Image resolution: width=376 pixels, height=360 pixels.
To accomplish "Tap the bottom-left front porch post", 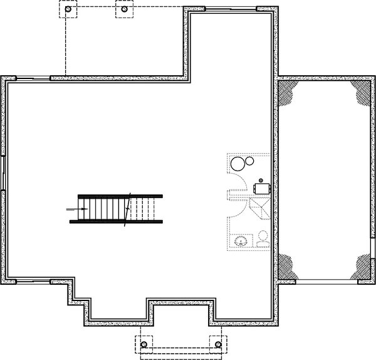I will tap(144, 345).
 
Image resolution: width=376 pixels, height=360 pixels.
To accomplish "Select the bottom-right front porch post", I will tap(217, 345).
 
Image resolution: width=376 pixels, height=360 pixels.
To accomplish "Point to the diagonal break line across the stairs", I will tap(128, 208).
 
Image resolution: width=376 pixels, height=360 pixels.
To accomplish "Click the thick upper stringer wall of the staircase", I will tap(116, 196).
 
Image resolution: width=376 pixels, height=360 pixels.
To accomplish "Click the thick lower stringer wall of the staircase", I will tap(116, 221).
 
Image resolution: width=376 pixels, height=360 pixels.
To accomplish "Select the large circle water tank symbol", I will tap(238, 165).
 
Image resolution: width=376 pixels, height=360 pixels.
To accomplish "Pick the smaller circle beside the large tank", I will tap(249, 161).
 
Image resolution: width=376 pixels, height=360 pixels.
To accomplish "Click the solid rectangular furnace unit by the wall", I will tap(261, 186).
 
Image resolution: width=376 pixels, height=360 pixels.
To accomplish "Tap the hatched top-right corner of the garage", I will tap(363, 92).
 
